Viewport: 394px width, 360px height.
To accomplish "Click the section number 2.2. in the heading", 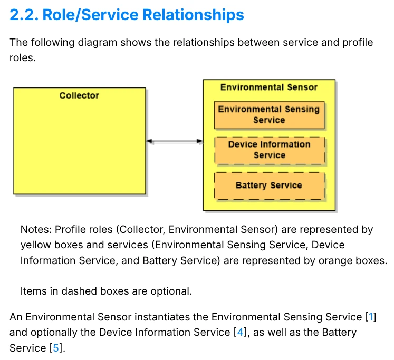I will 24,15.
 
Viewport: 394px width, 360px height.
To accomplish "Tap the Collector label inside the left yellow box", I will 79,95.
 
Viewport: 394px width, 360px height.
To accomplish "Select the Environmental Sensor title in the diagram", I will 268,87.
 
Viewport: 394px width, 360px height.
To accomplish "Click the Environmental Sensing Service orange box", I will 268,115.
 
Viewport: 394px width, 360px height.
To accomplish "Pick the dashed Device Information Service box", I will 269,150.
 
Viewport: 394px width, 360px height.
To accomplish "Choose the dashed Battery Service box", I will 268,186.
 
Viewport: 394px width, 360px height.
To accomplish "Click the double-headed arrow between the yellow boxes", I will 174,141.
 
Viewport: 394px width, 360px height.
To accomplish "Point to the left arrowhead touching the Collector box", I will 149,141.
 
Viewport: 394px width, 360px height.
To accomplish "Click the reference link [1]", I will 371,317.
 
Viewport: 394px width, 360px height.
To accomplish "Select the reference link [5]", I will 55,348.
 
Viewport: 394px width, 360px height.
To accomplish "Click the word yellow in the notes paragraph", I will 34,245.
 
